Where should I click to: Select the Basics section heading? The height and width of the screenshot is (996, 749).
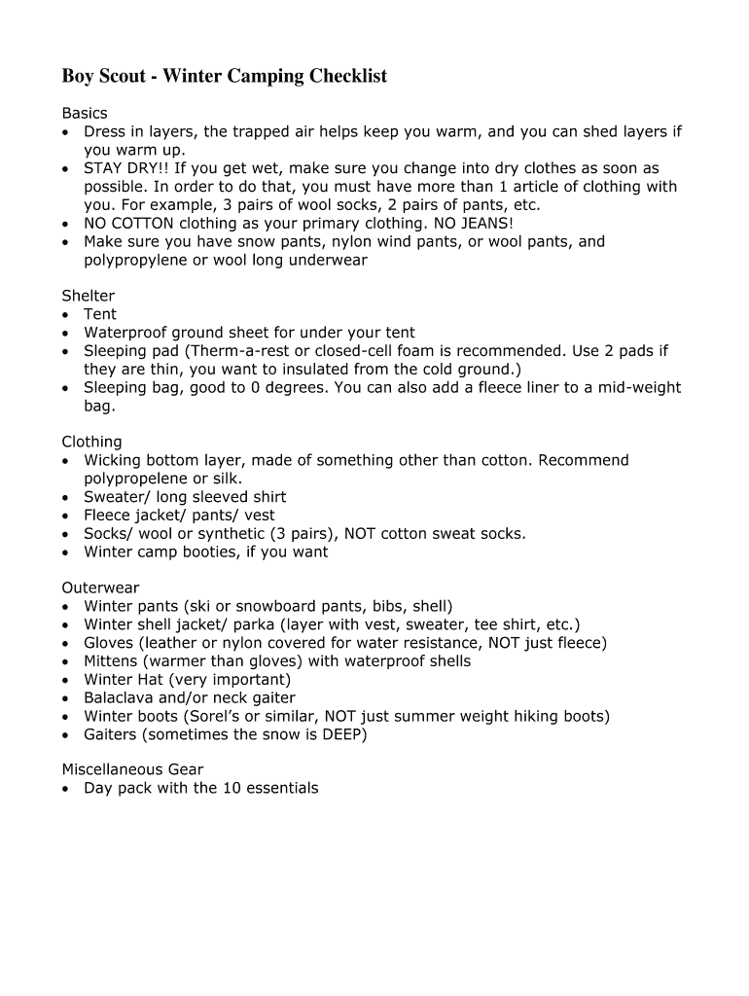tap(85, 114)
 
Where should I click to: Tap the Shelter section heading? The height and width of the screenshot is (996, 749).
tap(89, 296)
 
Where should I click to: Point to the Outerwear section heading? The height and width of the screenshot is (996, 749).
tap(100, 588)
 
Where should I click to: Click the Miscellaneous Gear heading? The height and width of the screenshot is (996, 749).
tap(132, 770)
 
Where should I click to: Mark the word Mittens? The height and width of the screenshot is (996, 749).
tap(112, 661)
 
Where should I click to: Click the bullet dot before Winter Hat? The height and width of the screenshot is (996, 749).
tap(66, 681)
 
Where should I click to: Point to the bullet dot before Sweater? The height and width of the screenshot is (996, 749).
tap(66, 498)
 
